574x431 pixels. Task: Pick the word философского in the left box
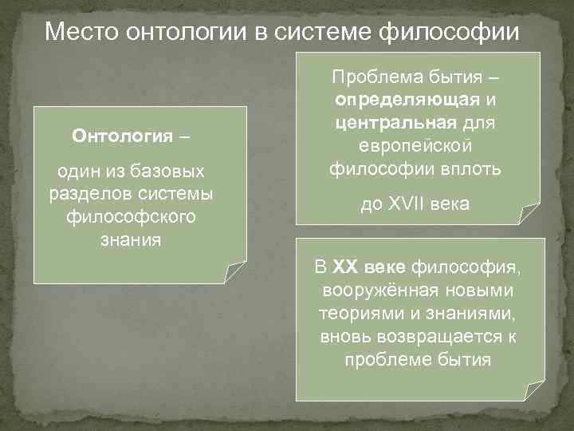pos(128,216)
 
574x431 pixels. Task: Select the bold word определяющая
pos(407,101)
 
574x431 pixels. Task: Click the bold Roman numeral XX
pos(348,267)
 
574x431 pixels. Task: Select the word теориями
pos(355,313)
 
